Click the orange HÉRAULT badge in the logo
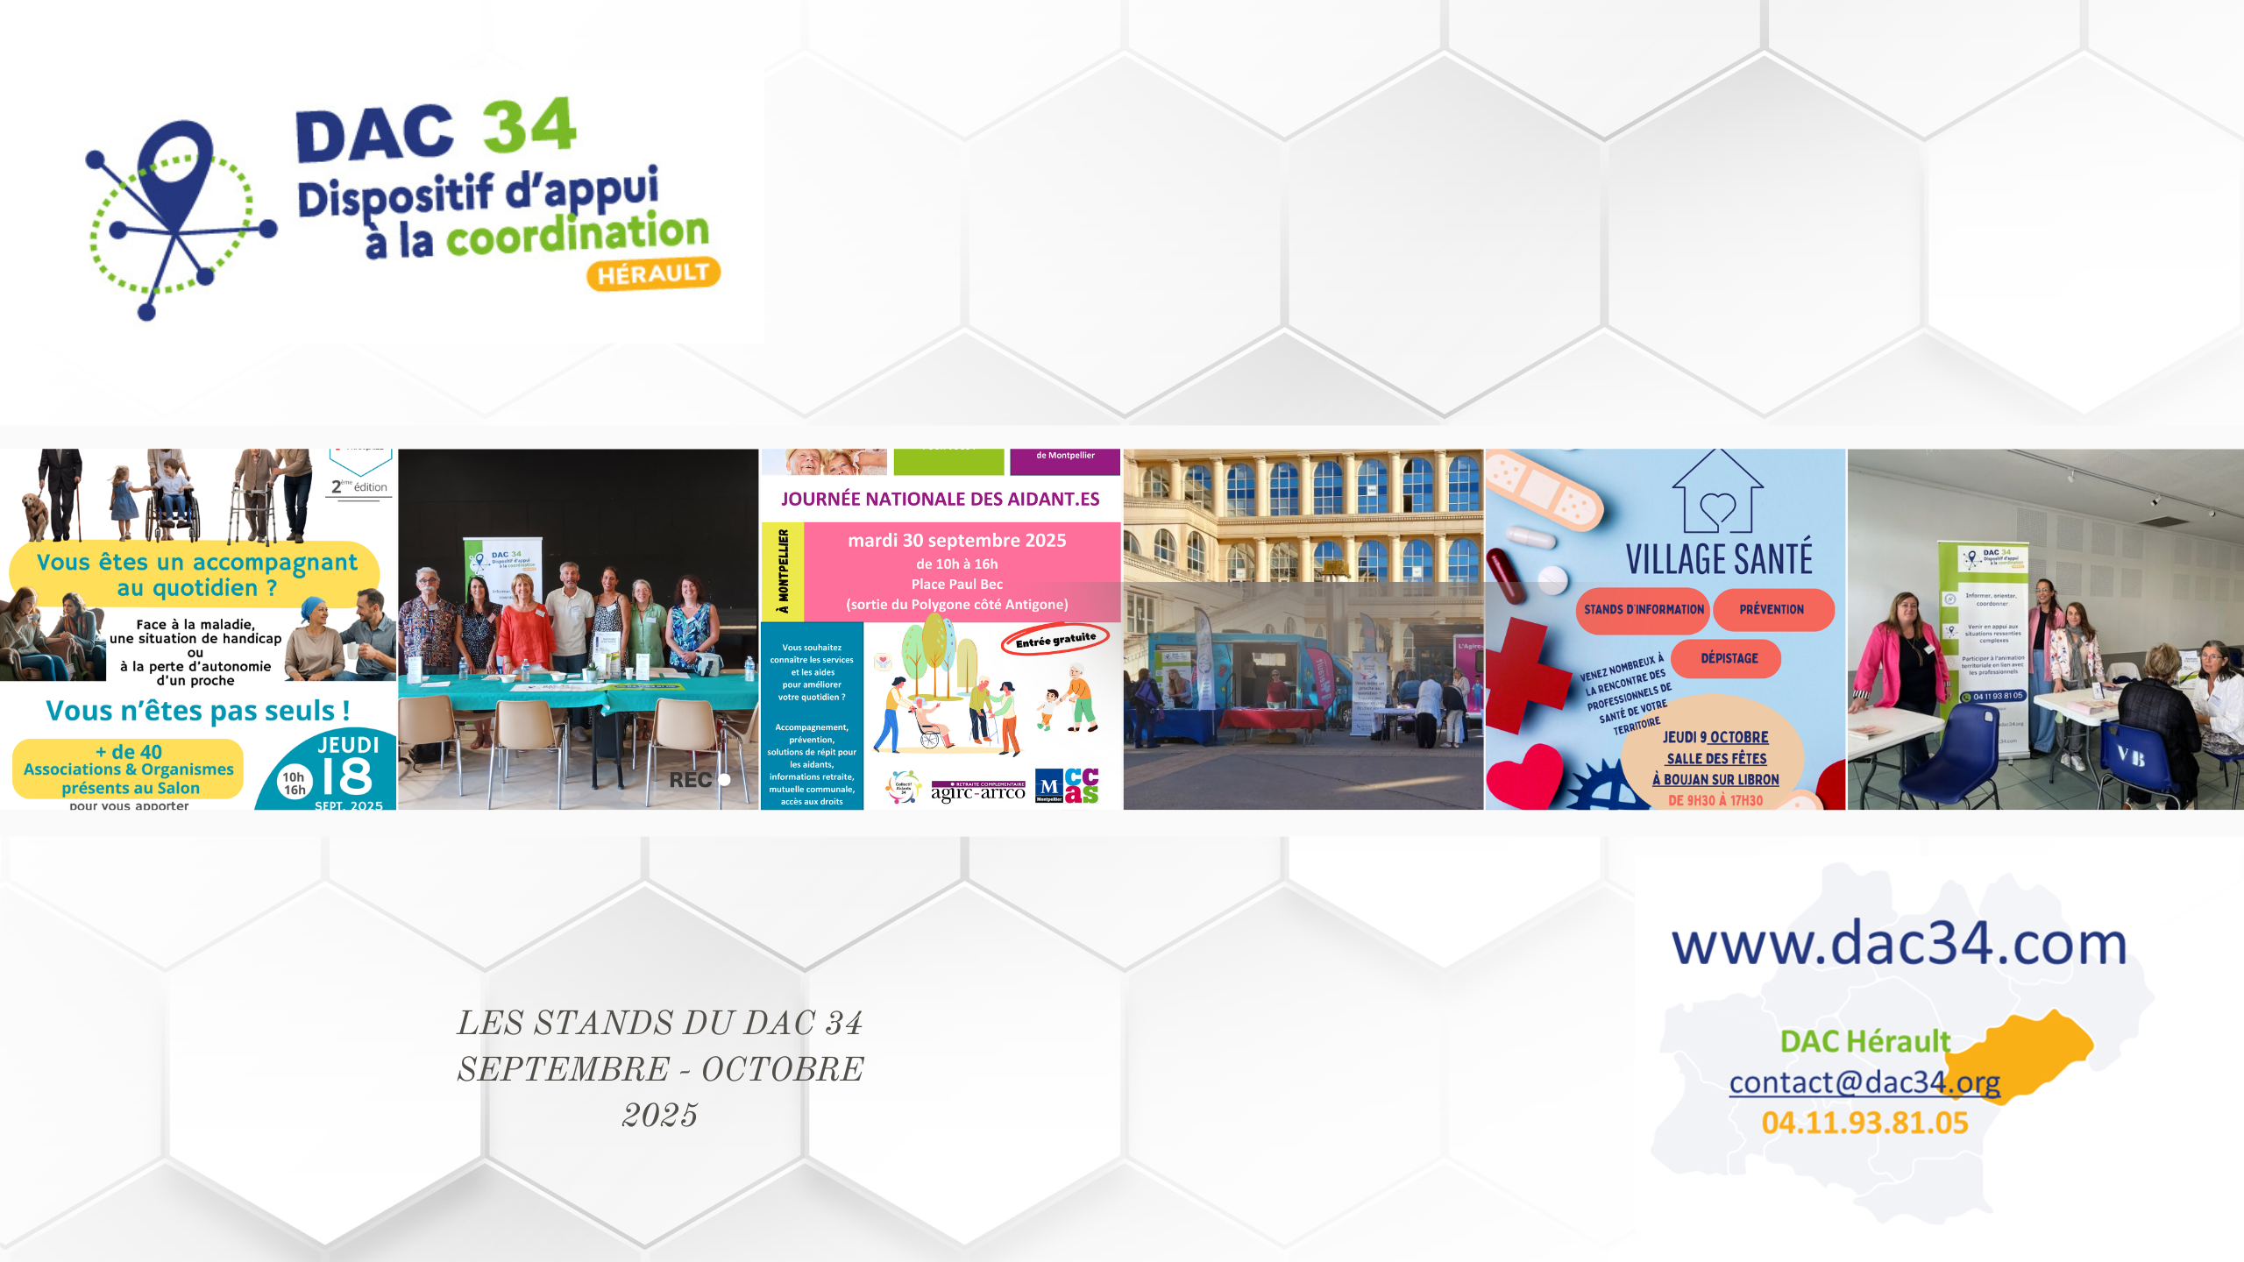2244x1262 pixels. (653, 273)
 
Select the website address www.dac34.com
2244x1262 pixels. (1900, 945)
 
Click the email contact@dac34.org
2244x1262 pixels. (1864, 1083)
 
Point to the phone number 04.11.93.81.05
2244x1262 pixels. (1864, 1123)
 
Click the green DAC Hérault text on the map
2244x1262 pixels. (1864, 1041)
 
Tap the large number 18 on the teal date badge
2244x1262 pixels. (347, 776)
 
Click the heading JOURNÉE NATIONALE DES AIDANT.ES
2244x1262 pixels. (940, 500)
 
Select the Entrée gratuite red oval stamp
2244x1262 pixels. (1055, 640)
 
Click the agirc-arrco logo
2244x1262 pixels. (977, 791)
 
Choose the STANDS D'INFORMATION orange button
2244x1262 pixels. (1644, 610)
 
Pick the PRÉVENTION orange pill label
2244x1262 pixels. (1772, 610)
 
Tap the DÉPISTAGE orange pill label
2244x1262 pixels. (1729, 658)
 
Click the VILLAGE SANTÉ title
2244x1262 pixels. (1719, 559)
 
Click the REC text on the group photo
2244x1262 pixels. (691, 780)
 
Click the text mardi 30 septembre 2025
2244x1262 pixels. (956, 541)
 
